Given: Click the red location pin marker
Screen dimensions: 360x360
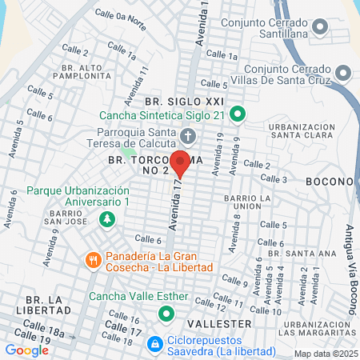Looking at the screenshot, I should (x=181, y=162).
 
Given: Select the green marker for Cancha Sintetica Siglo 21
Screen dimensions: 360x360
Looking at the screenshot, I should (x=237, y=115).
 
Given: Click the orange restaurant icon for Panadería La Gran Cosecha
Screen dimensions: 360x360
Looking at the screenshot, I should (x=94, y=259).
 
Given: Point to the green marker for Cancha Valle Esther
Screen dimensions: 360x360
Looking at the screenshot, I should (x=166, y=313).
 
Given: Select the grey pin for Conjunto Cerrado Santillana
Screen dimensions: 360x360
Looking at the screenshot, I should (x=319, y=28).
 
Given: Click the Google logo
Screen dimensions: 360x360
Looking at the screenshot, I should (x=26, y=350).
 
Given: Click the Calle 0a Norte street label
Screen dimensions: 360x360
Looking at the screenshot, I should (x=120, y=17).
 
